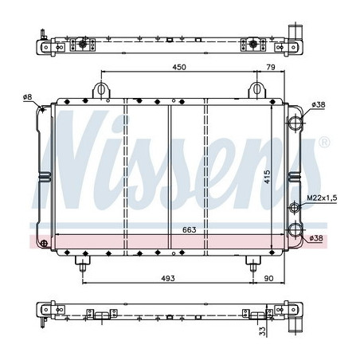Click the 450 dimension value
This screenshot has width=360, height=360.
pyautogui.click(x=179, y=67)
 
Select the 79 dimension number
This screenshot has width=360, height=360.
pyautogui.click(x=271, y=67)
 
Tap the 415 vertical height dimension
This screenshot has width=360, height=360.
pyautogui.click(x=267, y=177)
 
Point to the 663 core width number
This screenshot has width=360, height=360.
pyautogui.click(x=190, y=230)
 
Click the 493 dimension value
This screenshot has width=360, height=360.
pyautogui.click(x=168, y=278)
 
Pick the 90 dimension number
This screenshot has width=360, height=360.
pyautogui.click(x=268, y=278)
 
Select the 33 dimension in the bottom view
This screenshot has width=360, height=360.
pyautogui.click(x=262, y=331)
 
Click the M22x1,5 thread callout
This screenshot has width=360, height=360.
pyautogui.click(x=322, y=198)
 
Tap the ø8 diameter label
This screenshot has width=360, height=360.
pyautogui.click(x=27, y=97)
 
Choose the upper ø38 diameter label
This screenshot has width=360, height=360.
pyautogui.click(x=319, y=104)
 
